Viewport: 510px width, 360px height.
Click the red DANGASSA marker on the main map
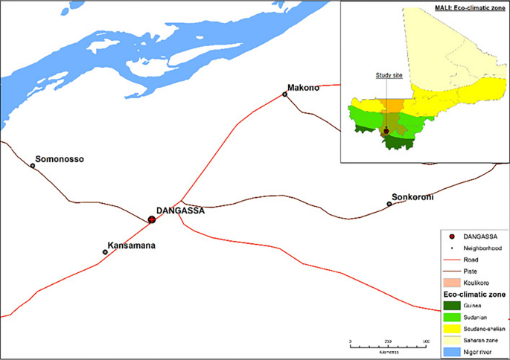coord(151,219)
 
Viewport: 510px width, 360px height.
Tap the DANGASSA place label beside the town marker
coord(179,210)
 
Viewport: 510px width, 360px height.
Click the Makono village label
coord(303,88)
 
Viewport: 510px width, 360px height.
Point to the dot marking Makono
coord(284,94)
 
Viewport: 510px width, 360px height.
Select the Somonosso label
coord(60,159)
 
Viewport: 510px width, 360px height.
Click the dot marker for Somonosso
coord(33,165)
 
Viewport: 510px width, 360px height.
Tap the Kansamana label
coord(132,245)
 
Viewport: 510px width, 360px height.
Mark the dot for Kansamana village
coord(105,252)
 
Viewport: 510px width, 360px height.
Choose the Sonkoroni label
coord(412,197)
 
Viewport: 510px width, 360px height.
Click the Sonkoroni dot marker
coord(389,204)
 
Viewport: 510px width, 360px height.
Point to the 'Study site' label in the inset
coord(385,75)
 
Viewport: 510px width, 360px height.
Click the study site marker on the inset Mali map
coord(386,130)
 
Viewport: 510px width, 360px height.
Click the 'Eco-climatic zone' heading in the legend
coord(474,295)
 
